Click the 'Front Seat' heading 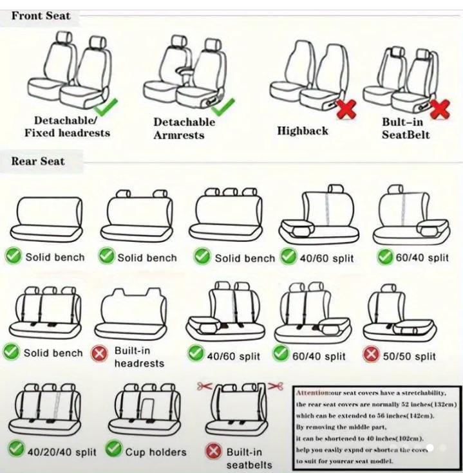tap(41, 15)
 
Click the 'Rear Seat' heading tap(37, 161)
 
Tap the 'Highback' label tap(303, 131)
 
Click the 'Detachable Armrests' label tap(184, 129)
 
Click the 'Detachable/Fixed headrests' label tap(67, 127)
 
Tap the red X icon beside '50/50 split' tap(371, 355)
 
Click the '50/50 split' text tap(410, 356)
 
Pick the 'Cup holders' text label tap(155, 452)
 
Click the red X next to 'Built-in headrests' tap(99, 354)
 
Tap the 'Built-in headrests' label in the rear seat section tap(139, 357)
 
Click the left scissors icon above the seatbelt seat tap(205, 386)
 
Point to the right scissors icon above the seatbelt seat tap(276, 386)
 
